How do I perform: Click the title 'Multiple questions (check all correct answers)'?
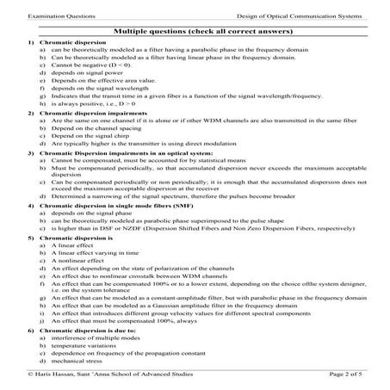195,30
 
